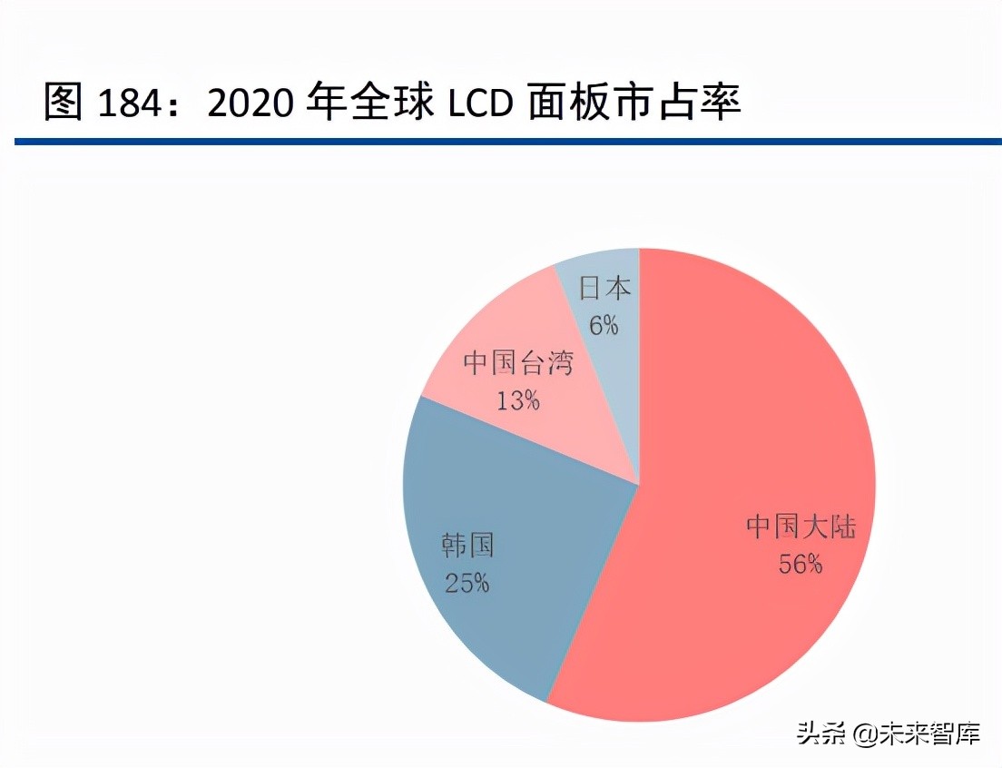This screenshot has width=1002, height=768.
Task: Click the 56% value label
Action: click(800, 564)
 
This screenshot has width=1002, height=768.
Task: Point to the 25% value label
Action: click(467, 582)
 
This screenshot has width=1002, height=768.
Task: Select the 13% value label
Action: click(517, 399)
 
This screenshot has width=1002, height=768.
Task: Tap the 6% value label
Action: click(604, 324)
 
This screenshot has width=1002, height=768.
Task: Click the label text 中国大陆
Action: click(801, 527)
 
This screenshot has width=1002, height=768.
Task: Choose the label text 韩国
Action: click(467, 546)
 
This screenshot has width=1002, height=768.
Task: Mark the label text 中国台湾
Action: click(517, 364)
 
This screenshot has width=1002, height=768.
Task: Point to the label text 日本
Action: click(605, 289)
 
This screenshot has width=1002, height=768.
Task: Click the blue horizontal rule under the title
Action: click(508, 142)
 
